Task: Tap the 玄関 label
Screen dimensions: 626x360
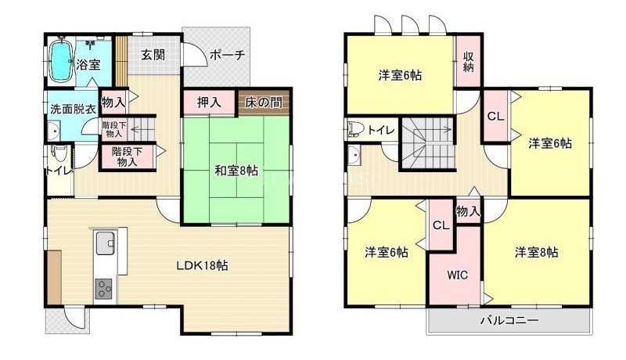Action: coord(153,54)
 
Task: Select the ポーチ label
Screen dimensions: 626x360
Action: coord(227,55)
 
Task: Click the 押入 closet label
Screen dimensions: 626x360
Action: coord(209,103)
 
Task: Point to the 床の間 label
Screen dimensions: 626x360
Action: coord(264,103)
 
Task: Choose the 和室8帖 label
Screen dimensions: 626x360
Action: coord(236,171)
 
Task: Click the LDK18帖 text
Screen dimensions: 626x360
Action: coord(203,265)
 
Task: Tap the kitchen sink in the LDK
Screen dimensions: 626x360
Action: coord(106,243)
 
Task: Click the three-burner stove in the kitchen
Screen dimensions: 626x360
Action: coord(104,289)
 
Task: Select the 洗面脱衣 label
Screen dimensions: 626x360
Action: coord(73,109)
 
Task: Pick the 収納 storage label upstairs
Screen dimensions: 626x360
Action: coord(468,62)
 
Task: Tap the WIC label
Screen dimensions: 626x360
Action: coord(458,275)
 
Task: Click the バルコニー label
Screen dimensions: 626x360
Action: coord(509,320)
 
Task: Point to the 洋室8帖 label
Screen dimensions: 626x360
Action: coord(536,252)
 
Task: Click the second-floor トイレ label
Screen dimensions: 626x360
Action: coord(381,130)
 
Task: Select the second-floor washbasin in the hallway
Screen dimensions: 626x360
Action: coord(354,155)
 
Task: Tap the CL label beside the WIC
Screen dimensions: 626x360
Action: coord(441,225)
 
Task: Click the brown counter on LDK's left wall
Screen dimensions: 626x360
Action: coord(53,277)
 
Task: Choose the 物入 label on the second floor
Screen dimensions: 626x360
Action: coord(467,211)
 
